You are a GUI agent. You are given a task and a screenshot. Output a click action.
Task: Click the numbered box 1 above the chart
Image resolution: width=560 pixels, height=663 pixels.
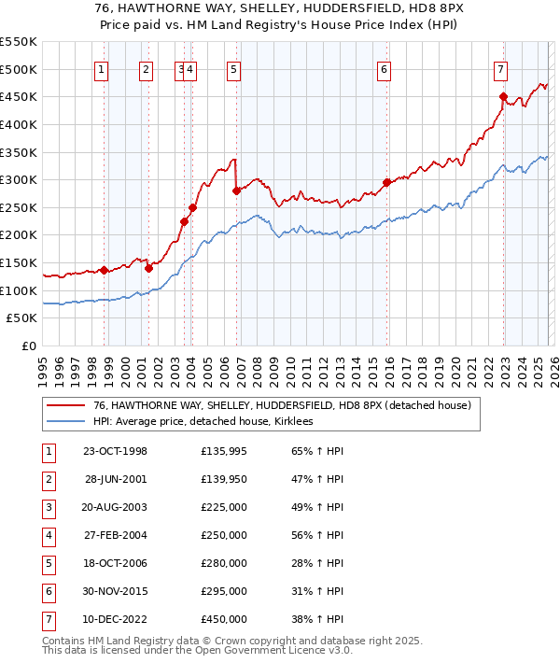pos(101,68)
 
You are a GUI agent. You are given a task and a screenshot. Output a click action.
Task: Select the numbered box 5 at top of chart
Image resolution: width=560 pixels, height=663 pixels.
pos(232,68)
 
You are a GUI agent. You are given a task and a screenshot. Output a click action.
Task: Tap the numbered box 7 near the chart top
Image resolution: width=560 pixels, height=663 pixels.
pos(501,68)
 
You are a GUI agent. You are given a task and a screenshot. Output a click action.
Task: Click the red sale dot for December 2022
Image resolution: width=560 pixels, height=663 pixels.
pos(503,96)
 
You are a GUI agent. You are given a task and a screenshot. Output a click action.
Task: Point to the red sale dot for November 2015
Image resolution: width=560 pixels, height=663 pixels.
pos(386,183)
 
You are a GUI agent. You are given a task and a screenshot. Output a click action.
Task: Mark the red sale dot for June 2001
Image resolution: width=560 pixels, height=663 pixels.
pos(148,268)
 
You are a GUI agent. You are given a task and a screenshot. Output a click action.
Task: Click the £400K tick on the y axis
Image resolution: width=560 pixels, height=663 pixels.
pos(19,124)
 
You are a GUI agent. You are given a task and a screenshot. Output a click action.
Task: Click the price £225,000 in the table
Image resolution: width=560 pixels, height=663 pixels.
pos(224,508)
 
